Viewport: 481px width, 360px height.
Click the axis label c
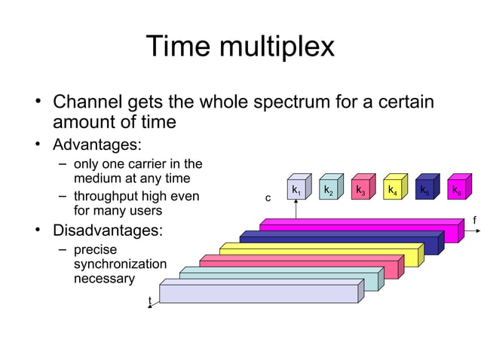coord(267,198)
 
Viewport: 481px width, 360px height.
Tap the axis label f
coord(474,220)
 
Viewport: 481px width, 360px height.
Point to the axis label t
coord(149,301)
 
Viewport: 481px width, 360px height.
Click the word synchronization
coord(120,264)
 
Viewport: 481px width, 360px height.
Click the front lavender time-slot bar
coord(256,294)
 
